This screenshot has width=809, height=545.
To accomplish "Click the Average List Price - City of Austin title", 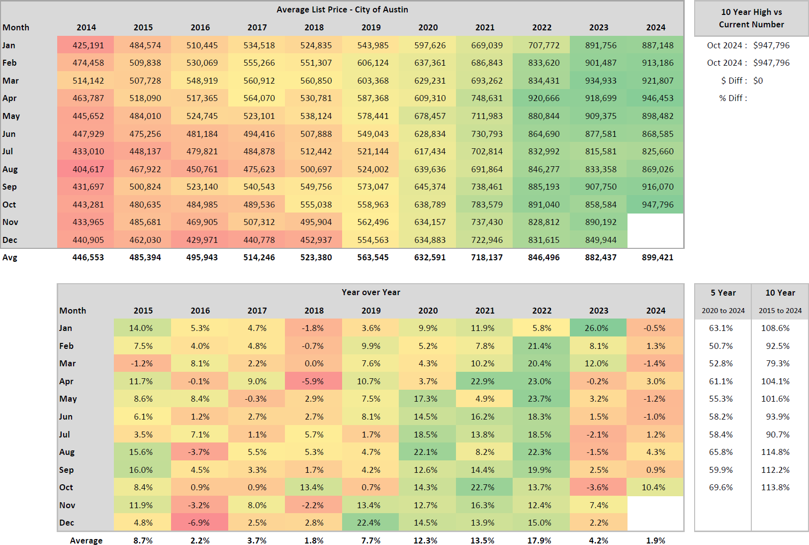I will click(x=342, y=9).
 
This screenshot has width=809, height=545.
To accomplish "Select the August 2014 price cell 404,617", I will click(x=88, y=169).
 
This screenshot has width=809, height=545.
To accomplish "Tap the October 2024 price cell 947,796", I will click(x=657, y=205).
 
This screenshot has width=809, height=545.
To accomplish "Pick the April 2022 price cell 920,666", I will click(x=543, y=98).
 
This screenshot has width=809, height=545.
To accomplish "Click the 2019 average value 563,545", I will click(x=372, y=257).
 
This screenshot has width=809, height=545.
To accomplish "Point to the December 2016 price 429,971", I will click(x=202, y=240).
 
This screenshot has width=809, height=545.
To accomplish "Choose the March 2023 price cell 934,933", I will click(x=601, y=81).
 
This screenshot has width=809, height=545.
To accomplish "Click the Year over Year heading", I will click(x=370, y=292).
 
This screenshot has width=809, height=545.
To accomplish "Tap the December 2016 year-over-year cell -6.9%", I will click(x=199, y=523).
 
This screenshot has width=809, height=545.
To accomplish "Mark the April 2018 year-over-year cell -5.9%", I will click(x=313, y=381).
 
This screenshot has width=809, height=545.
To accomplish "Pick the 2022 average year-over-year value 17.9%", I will click(x=539, y=541).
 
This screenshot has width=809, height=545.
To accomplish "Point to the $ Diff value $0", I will click(x=758, y=81).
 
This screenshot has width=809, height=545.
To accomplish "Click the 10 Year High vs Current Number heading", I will click(x=751, y=18).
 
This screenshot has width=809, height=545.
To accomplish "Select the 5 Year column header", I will click(x=723, y=293).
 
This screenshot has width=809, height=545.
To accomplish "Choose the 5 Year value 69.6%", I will click(x=721, y=487).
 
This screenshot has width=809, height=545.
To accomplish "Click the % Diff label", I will click(x=733, y=98).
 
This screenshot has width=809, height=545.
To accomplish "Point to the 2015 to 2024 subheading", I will click(x=780, y=311).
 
